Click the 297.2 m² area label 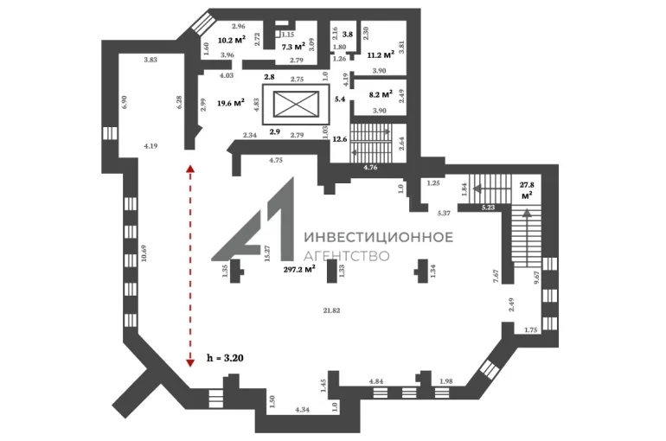299,269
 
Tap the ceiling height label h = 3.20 225,358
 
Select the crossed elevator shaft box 296,105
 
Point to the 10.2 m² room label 232,41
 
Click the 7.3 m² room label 293,47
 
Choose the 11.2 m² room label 381,54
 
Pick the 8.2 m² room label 381,94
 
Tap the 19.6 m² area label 231,103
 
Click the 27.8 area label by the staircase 527,190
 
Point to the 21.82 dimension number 331,310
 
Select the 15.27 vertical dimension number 267,253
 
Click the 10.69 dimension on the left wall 144,253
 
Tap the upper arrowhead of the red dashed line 190,168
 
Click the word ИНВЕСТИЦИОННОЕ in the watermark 379,237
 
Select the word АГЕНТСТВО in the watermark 347,255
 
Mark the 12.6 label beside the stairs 340,139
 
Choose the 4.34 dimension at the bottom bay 302,410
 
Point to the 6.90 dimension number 125,102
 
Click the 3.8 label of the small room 348,35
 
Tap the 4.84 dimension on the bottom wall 376,381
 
